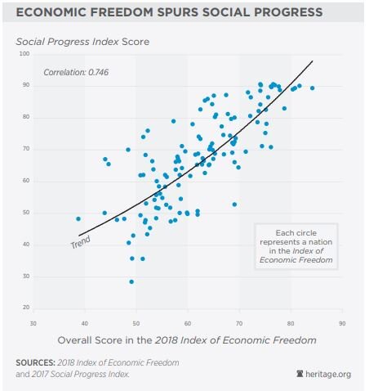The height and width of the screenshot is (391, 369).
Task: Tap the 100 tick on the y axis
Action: [24, 54]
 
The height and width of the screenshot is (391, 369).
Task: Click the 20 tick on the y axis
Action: [25, 308]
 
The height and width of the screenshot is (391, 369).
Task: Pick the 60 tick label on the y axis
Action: [25, 181]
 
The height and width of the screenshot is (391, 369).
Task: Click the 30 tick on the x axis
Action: [33, 321]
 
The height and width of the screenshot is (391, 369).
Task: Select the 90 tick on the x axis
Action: [342, 321]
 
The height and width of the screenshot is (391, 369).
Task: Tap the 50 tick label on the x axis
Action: [136, 321]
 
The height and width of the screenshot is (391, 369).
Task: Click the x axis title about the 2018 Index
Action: [187, 339]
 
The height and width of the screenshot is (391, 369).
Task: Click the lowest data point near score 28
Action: [131, 281]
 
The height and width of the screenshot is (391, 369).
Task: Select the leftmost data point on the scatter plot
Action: [78, 219]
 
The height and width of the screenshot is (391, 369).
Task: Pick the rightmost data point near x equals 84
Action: [312, 88]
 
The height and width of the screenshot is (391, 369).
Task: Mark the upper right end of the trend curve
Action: [313, 61]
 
